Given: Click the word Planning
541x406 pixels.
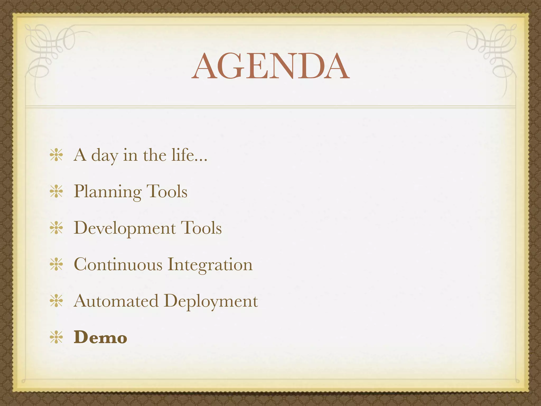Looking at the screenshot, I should point(108,192).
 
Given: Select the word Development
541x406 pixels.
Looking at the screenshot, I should point(125,228).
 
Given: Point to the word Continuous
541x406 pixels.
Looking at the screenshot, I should point(118,264).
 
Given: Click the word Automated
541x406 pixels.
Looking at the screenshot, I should point(116,301).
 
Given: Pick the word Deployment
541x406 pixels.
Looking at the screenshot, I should point(211,301).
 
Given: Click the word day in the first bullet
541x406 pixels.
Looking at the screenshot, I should point(105,156).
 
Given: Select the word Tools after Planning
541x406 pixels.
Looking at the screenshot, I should point(167,191).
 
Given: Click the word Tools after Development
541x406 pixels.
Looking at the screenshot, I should point(201,228).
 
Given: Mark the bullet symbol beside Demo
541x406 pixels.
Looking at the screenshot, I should point(56,337).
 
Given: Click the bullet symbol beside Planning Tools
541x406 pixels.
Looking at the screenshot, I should point(56,191).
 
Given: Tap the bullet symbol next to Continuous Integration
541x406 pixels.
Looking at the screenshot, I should point(56,264).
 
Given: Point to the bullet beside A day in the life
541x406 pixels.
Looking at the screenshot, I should point(56,155).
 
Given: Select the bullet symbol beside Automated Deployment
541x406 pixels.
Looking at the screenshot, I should point(56,301).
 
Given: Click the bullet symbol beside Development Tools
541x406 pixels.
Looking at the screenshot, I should point(56,228).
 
